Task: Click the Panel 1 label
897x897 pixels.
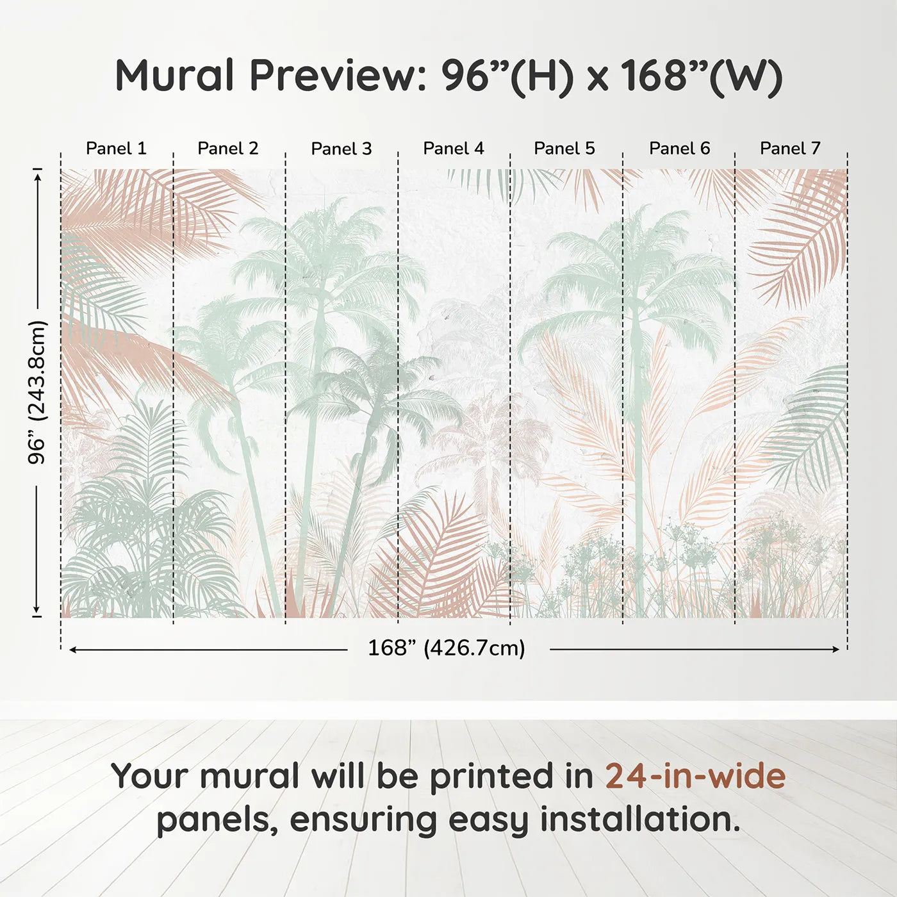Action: click(116, 149)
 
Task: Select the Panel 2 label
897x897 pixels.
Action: click(227, 149)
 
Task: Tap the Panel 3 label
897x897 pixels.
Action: click(341, 149)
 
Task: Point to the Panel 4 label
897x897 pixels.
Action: click(453, 149)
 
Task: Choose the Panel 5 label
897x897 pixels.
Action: click(564, 149)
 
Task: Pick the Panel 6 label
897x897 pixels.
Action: click(679, 149)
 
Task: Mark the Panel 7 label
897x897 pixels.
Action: click(790, 149)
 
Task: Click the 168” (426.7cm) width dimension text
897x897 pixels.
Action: click(446, 648)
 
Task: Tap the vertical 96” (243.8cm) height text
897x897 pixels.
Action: click(38, 392)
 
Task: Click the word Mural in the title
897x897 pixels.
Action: click(174, 76)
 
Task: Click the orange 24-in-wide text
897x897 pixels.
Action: click(695, 777)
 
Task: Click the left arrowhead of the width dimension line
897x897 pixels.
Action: click(72, 650)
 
